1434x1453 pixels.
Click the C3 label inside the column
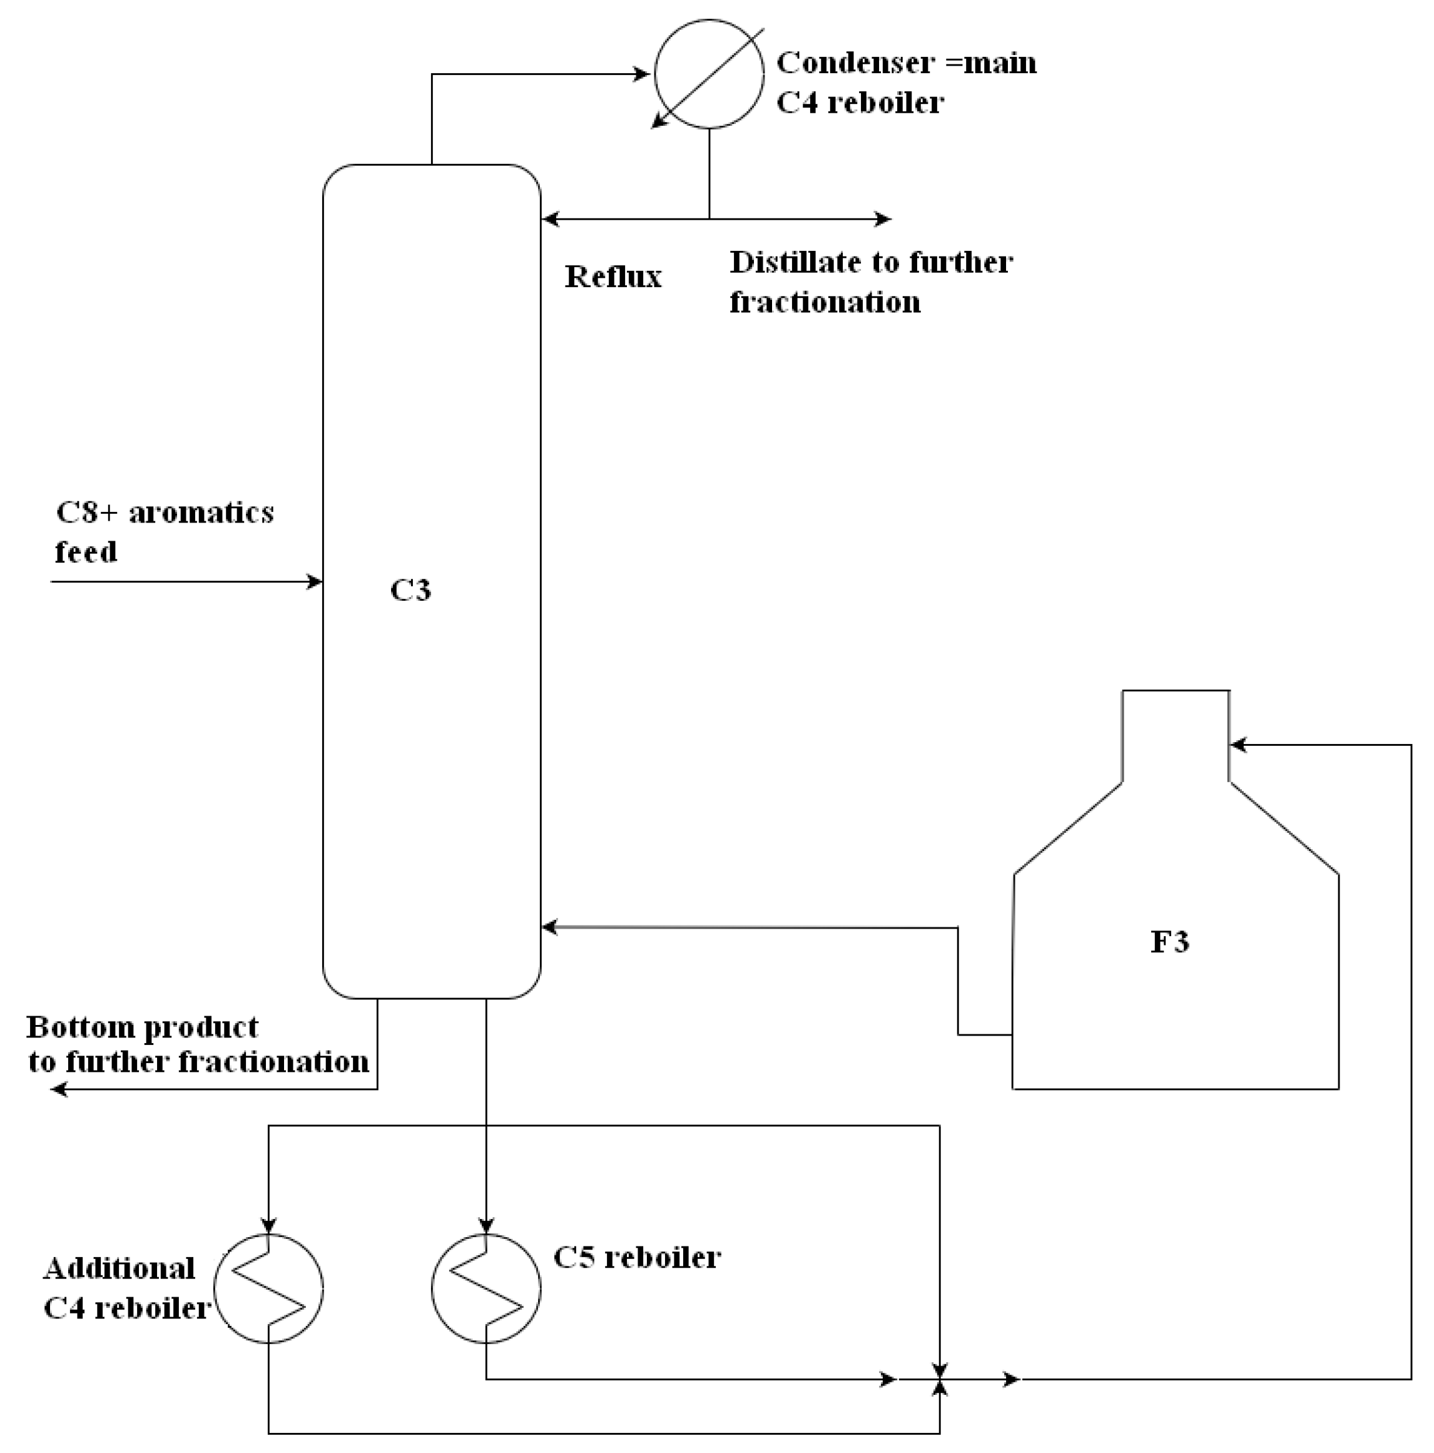tap(410, 590)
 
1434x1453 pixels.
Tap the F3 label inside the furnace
tap(1169, 942)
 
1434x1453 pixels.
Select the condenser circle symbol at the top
tap(708, 74)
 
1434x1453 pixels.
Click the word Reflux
tap(613, 277)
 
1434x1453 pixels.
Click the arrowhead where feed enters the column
tap(316, 581)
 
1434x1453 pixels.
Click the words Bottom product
tap(142, 1027)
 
